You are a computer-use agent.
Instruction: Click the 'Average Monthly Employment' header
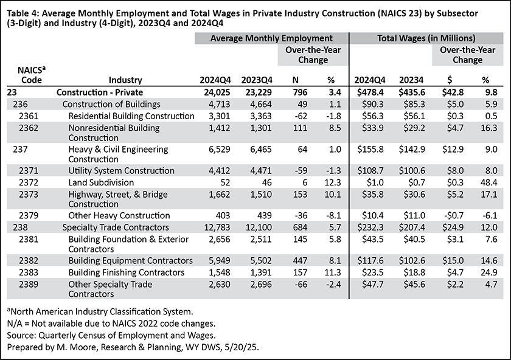[271, 38]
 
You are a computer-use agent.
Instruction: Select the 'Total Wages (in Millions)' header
[426, 38]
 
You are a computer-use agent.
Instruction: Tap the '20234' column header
[412, 80]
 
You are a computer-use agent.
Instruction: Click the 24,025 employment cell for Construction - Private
[217, 92]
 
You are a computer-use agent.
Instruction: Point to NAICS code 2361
[29, 116]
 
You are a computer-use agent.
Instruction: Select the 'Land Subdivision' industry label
[101, 182]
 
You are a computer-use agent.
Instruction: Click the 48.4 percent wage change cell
[489, 182]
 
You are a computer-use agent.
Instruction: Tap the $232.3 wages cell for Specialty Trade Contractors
[370, 227]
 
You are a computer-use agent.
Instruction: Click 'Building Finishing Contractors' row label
[126, 272]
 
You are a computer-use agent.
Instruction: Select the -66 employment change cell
[301, 285]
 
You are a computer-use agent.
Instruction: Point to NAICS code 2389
[29, 285]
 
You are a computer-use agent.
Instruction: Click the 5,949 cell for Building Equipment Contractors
[220, 261]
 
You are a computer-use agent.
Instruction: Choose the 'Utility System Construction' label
[121, 171]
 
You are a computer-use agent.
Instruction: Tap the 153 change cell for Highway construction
[300, 195]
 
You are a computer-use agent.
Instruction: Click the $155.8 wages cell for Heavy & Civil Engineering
[370, 150]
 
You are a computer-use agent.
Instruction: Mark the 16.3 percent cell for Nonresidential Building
[489, 128]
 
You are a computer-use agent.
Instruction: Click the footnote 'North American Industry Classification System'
[102, 312]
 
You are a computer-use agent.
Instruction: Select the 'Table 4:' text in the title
[23, 14]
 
